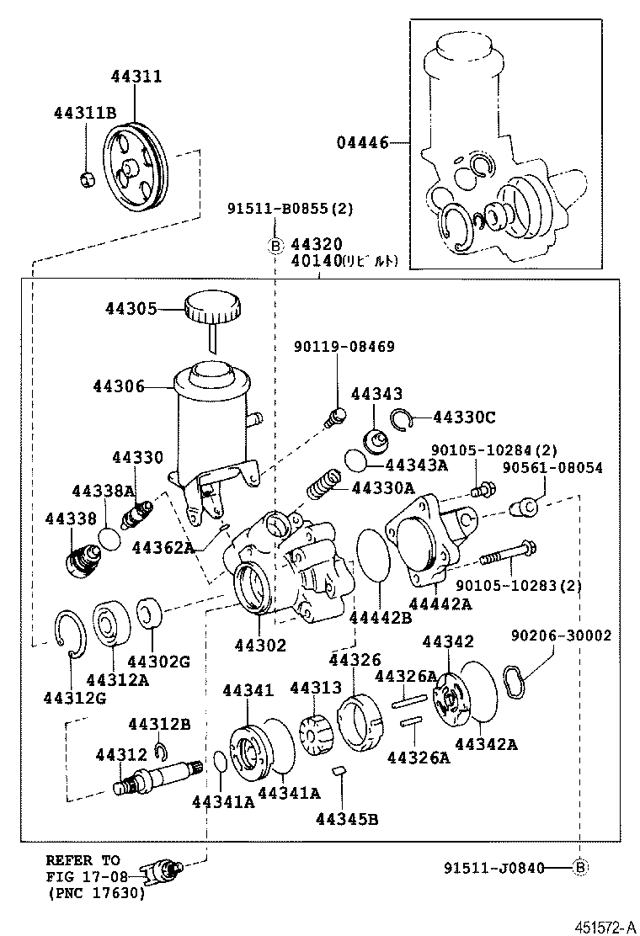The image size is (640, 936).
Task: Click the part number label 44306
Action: (x=119, y=386)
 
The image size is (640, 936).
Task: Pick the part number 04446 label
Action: (x=364, y=143)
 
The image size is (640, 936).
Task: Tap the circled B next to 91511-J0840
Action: (x=579, y=867)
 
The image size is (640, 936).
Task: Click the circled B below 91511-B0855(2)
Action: (x=275, y=246)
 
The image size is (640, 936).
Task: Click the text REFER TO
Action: (x=83, y=860)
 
